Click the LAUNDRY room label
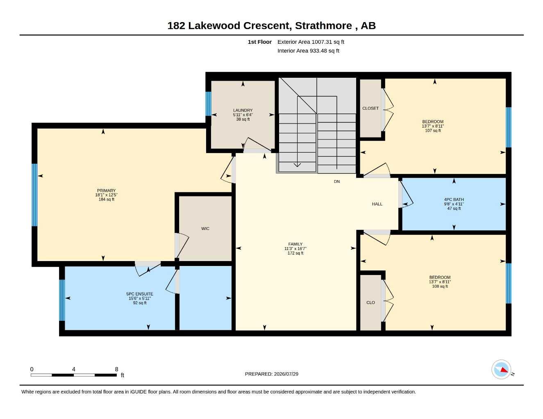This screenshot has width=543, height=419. point(243,110)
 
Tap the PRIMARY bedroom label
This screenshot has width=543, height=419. point(106,191)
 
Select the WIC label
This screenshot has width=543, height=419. point(205,228)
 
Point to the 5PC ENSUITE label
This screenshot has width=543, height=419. point(139,294)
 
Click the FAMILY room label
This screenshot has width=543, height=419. point(295,244)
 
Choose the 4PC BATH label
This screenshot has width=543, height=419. point(454,200)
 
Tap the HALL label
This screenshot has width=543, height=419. point(377,204)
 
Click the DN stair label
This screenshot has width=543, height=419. point(336,182)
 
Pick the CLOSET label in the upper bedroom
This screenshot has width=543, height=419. point(370,108)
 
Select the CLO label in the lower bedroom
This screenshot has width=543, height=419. point(370,302)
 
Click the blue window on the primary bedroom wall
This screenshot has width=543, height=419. point(34,195)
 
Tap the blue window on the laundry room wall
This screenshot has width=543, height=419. point(208,104)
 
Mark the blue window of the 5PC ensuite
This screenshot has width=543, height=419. point(62,300)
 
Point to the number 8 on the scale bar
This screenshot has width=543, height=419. point(116,369)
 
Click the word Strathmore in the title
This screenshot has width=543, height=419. point(323,26)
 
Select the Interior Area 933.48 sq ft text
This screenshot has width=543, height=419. point(308,51)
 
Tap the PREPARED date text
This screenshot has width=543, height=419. point(271,374)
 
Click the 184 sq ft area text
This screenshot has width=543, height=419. point(106,200)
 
